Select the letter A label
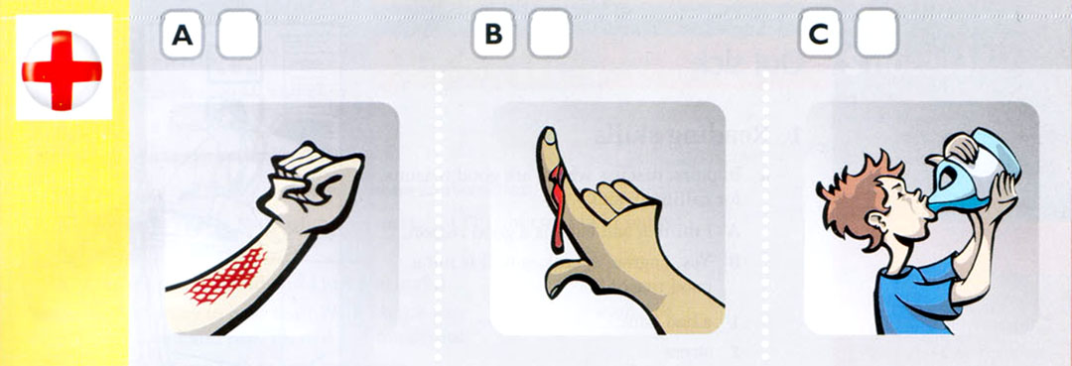coord(182,36)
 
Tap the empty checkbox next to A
coord(237,36)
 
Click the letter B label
coord(493,36)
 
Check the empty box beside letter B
coord(549,36)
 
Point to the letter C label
coord(819,36)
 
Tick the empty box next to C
coord(875,36)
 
